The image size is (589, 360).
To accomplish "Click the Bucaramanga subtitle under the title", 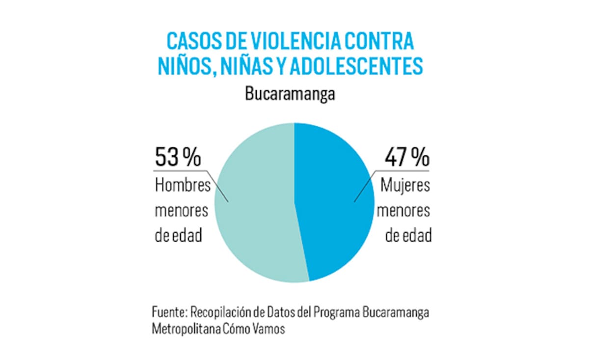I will pos(290,94).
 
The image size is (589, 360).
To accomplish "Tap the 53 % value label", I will pos(178,157).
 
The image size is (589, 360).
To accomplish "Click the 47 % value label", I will pos(406,157).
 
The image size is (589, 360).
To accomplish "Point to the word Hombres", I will pos(183,186).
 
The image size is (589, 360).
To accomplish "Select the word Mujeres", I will pos(405,186).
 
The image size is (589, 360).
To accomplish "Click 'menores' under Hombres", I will pos(182,211).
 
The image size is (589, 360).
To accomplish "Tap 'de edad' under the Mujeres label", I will pos(408,236).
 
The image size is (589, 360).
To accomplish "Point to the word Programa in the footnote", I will pos(337,312).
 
